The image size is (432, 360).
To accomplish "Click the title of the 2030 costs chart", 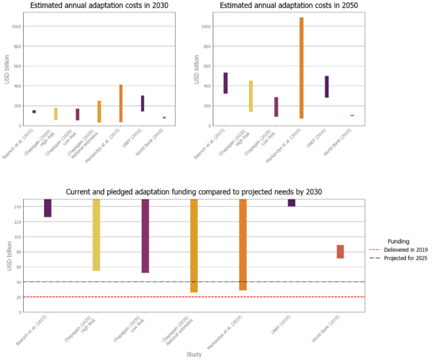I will [x=99, y=6].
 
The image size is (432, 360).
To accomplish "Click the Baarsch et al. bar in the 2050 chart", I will [x=225, y=83].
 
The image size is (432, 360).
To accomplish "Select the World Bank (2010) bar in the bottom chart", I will [x=340, y=251].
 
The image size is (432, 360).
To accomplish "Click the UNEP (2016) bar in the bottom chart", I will [x=292, y=203].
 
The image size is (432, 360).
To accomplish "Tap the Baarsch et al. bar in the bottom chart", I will [x=48, y=208].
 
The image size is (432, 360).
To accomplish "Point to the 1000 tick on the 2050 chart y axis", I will [x=207, y=27].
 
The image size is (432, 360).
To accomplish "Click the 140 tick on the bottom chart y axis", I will [x=17, y=207].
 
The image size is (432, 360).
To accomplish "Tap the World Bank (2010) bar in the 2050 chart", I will [x=352, y=115].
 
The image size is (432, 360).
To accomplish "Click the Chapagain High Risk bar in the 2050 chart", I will [x=251, y=96].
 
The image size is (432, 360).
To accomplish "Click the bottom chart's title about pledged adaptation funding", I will [x=194, y=192].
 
